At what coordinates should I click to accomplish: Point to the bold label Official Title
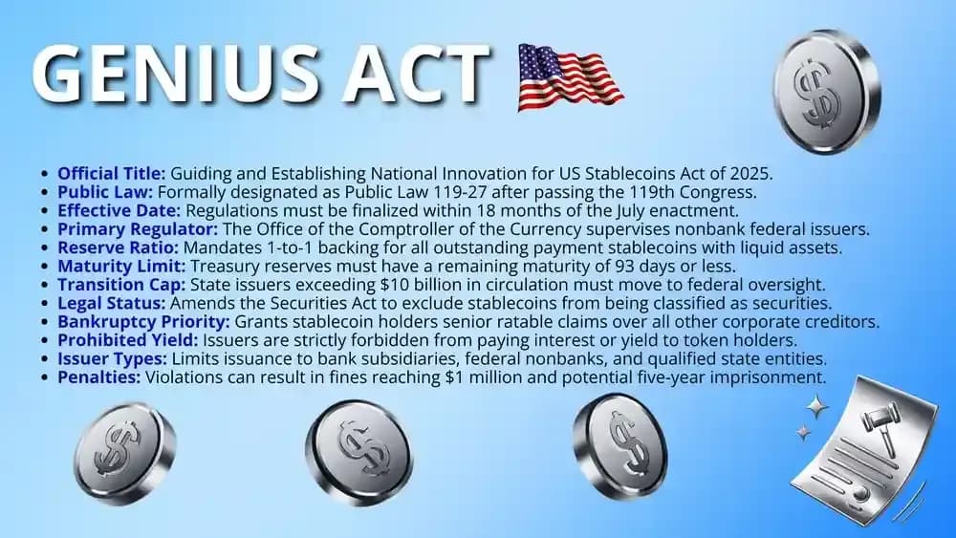pyautogui.click(x=112, y=174)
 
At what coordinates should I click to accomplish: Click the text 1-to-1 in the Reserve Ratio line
pyautogui.click(x=273, y=247)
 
